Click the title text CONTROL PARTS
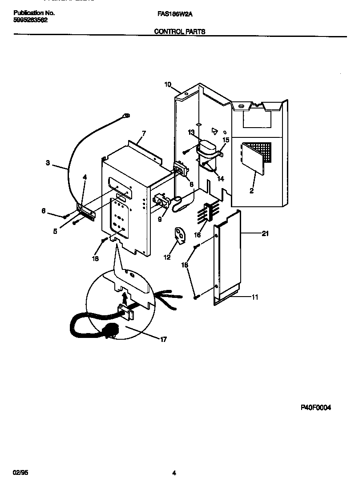(x=179, y=32)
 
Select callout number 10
(x=167, y=84)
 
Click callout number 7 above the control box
(x=143, y=133)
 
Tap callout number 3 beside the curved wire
(x=48, y=163)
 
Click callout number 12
(x=167, y=257)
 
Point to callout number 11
(x=254, y=297)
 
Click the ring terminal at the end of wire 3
(x=126, y=116)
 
